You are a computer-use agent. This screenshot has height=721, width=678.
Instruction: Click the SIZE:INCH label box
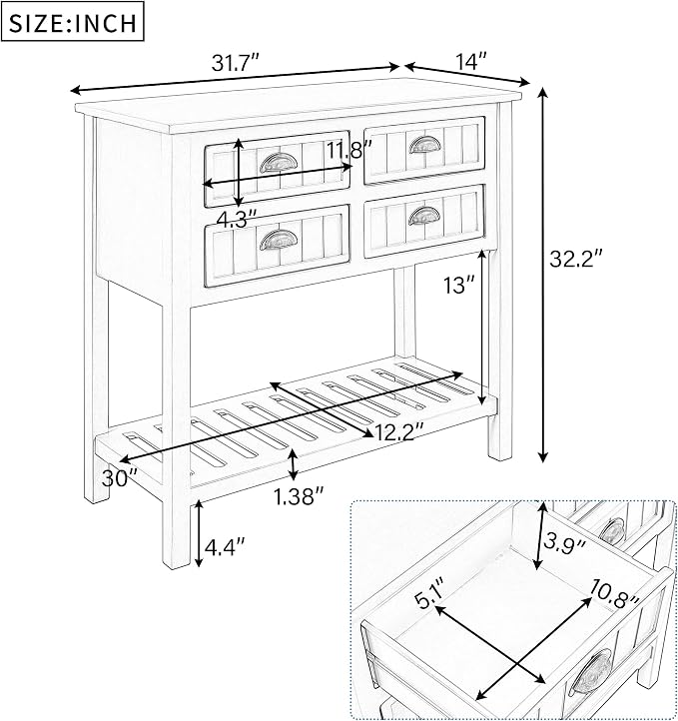73,21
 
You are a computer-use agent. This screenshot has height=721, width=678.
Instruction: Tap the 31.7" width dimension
236,63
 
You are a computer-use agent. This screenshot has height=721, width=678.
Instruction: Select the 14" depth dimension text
470,61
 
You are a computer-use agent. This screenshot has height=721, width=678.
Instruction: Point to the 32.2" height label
576,258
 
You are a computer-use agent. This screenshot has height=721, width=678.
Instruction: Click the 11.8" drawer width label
349,150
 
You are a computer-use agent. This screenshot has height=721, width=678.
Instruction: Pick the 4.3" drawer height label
237,219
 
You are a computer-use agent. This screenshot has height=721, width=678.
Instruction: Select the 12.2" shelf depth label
399,431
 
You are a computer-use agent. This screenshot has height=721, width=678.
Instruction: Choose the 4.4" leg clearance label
225,546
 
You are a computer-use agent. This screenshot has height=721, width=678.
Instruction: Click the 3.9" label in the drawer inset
564,543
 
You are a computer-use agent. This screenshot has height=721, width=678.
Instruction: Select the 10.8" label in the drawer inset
614,593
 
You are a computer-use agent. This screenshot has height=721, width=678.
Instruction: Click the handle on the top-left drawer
279,162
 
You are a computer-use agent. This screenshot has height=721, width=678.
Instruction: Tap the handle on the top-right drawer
424,145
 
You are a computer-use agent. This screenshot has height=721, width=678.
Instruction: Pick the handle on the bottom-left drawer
279,240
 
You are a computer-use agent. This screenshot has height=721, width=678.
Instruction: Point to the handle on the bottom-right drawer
424,216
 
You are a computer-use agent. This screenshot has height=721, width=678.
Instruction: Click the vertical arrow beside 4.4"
198,533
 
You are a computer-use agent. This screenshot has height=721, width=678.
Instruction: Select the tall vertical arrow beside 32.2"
543,275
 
